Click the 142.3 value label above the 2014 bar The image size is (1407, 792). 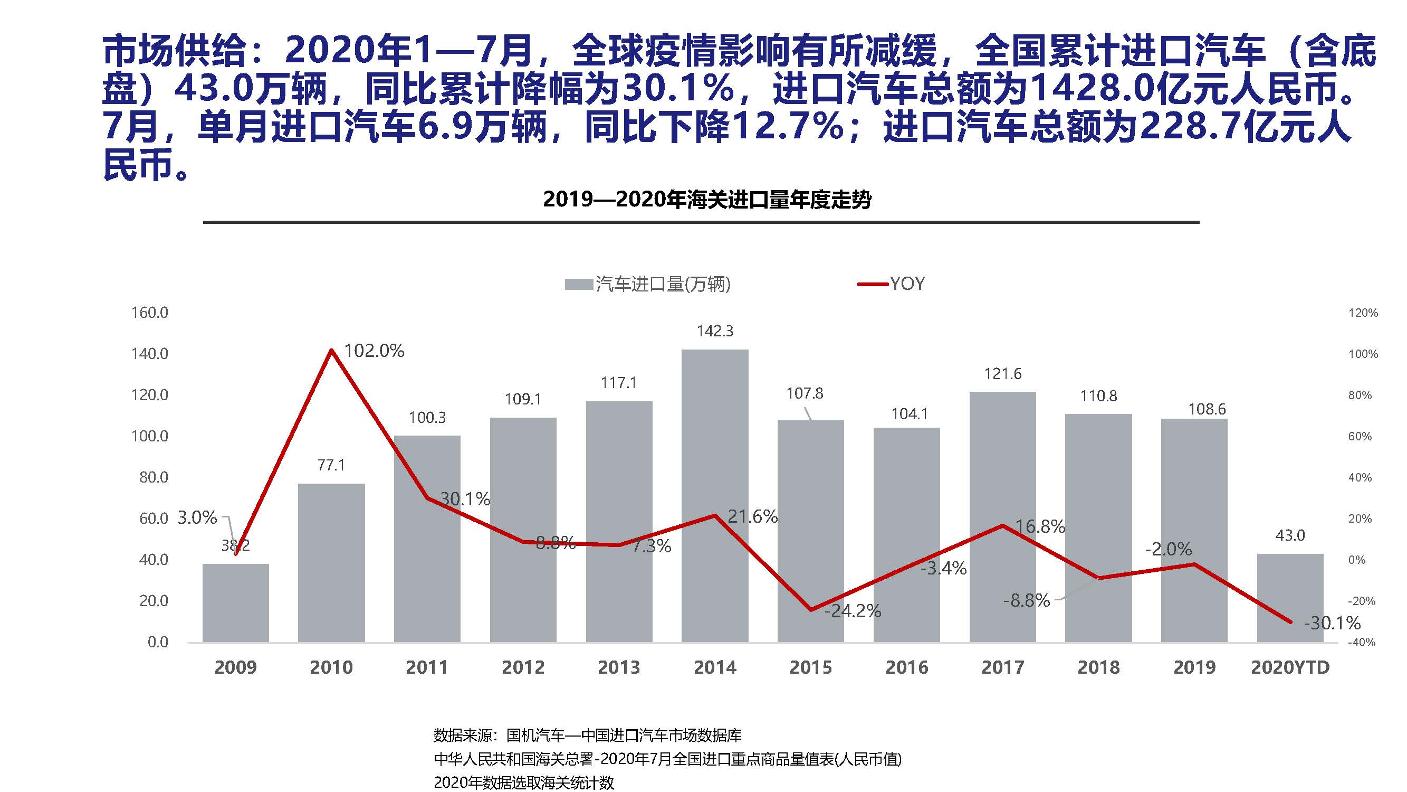(x=714, y=331)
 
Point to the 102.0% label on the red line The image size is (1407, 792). (x=374, y=351)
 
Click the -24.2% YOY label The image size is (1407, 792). (x=853, y=611)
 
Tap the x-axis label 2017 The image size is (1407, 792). (x=1002, y=667)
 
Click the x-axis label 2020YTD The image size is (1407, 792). (x=1290, y=667)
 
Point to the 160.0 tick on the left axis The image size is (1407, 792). (x=150, y=313)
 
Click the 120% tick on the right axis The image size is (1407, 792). (x=1363, y=313)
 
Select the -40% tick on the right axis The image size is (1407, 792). (x=1361, y=643)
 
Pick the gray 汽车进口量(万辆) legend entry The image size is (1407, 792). (x=648, y=284)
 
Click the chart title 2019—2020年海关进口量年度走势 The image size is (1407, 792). (x=707, y=200)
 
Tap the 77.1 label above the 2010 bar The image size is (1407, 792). (x=331, y=465)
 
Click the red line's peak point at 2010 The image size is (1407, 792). (x=331, y=350)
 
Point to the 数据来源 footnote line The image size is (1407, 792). (x=588, y=735)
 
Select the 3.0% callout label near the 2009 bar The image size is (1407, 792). (x=197, y=517)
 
